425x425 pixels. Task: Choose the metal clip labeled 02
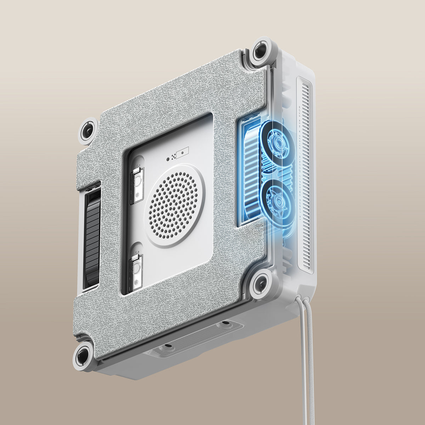pos(136,271)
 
